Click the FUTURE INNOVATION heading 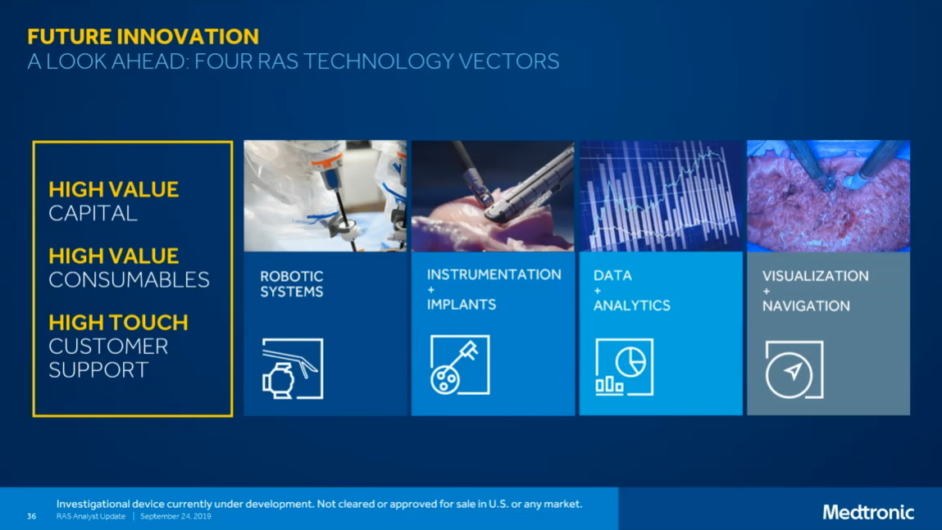pyautogui.click(x=143, y=36)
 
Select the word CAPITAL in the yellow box pyautogui.click(x=93, y=213)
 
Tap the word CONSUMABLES pyautogui.click(x=129, y=279)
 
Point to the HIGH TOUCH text pyautogui.click(x=118, y=323)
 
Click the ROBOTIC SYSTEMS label pyautogui.click(x=292, y=283)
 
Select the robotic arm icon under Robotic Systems pyautogui.click(x=292, y=369)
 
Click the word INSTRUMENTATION pyautogui.click(x=494, y=274)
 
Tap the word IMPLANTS pyautogui.click(x=461, y=305)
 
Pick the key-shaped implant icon pyautogui.click(x=459, y=365)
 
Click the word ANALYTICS pyautogui.click(x=631, y=306)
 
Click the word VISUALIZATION pyautogui.click(x=815, y=276)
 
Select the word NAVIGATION pyautogui.click(x=805, y=306)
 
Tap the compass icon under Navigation pyautogui.click(x=793, y=370)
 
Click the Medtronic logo pyautogui.click(x=867, y=512)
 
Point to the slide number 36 pyautogui.click(x=31, y=516)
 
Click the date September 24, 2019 pyautogui.click(x=175, y=517)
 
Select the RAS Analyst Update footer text pyautogui.click(x=91, y=517)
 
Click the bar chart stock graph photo pyautogui.click(x=660, y=196)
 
